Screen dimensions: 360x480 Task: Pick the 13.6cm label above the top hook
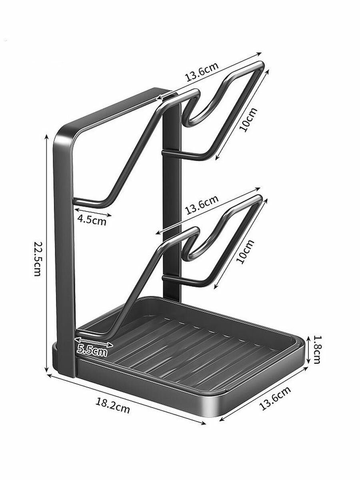point(202,72)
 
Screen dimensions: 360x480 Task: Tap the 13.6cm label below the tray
point(275,398)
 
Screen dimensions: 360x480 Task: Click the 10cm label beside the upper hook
point(248,119)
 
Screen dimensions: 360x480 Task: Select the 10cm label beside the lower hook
point(246,252)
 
